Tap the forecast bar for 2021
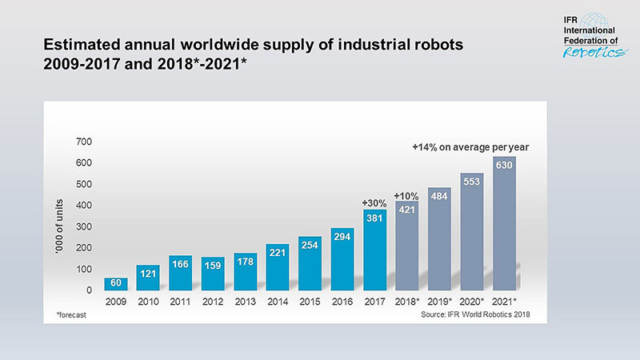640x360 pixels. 504,223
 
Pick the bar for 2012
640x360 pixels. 213,273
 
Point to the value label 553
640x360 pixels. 471,182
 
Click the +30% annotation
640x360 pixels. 374,203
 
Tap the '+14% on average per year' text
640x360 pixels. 471,147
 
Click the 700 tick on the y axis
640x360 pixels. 83,142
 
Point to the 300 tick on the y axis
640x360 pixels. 83,226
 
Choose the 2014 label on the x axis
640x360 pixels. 278,302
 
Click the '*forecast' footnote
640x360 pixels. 70,315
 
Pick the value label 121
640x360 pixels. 148,274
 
